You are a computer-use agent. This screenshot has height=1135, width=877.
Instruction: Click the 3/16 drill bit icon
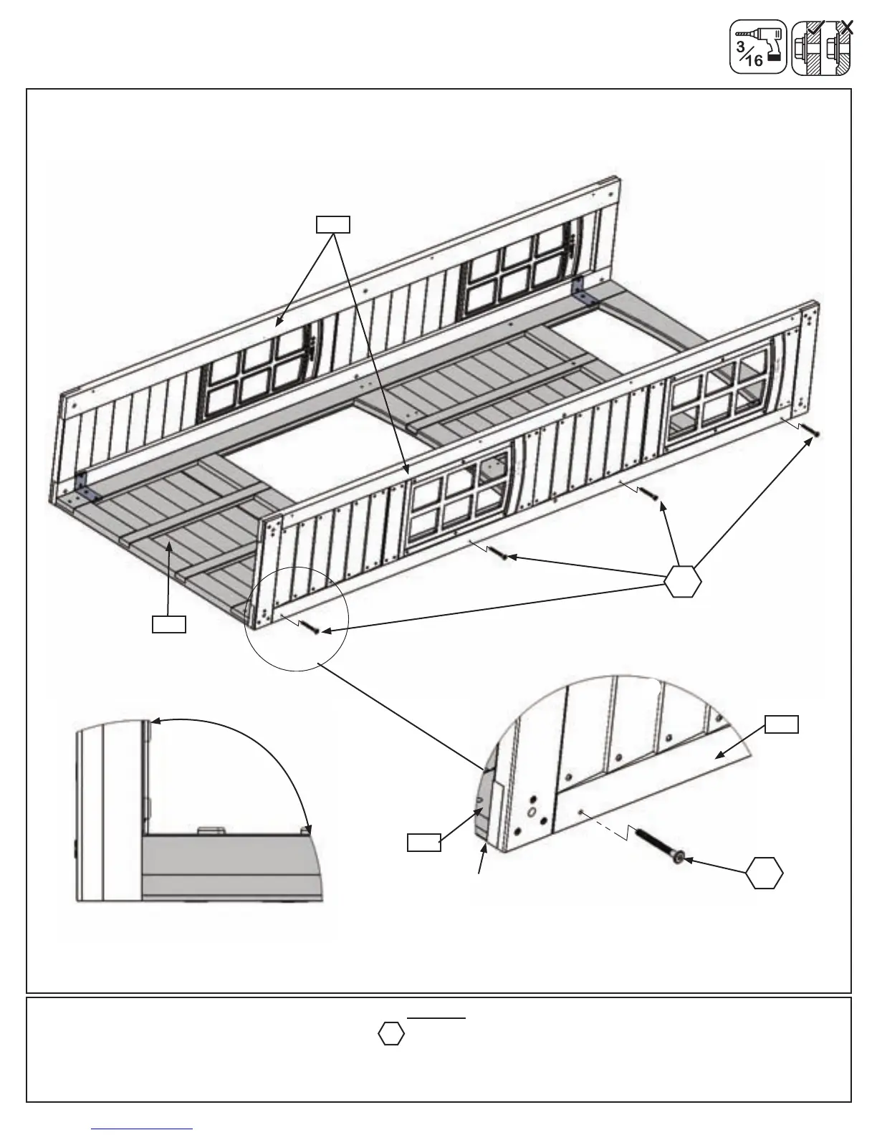click(x=757, y=47)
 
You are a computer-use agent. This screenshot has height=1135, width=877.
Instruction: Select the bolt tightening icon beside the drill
click(x=821, y=48)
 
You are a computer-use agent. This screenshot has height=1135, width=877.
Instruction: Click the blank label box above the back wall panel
click(x=333, y=224)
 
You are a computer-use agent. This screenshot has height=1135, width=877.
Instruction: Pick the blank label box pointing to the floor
click(x=169, y=623)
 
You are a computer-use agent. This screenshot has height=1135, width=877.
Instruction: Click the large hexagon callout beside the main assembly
click(x=682, y=580)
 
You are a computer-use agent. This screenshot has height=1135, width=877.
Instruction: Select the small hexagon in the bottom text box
click(x=391, y=1034)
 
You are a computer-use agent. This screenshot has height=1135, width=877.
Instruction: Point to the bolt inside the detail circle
click(x=310, y=626)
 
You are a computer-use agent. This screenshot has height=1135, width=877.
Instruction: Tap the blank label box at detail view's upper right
click(x=782, y=724)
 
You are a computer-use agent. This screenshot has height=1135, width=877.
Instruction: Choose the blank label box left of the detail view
click(x=424, y=842)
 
